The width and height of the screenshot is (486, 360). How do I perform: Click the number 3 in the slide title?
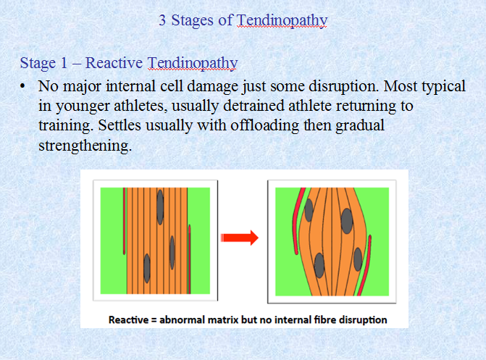tap(162, 20)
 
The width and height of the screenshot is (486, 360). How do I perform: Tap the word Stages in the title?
tap(192, 21)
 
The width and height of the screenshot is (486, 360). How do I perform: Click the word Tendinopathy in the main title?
tap(282, 21)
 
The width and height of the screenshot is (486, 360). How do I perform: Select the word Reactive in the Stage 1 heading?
tap(114, 62)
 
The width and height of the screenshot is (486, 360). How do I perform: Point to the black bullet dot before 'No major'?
tap(22, 86)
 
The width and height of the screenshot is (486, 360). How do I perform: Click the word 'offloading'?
tap(265, 126)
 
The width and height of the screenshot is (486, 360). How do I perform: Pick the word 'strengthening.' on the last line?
tap(85, 146)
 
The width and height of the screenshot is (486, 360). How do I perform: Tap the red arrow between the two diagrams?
tap(239, 238)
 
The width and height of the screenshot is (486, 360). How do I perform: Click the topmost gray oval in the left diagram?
tap(160, 207)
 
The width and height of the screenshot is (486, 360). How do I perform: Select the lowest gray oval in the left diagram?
tap(147, 269)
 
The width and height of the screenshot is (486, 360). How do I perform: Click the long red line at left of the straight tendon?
tap(125, 221)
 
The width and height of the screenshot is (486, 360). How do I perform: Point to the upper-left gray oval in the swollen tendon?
tap(309, 210)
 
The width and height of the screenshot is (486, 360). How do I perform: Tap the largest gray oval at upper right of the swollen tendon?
tap(347, 221)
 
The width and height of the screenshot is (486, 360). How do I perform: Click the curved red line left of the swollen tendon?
tap(296, 220)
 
